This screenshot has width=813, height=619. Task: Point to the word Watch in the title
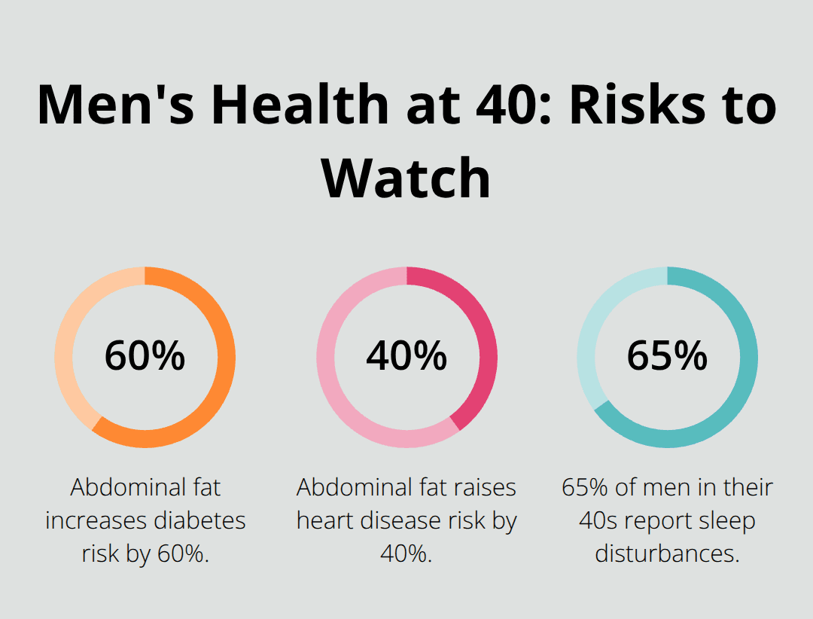tap(406, 177)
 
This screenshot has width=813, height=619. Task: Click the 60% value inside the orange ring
tap(145, 356)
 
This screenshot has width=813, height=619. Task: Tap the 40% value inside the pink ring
tap(406, 356)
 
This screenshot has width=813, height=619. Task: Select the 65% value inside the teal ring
tap(667, 356)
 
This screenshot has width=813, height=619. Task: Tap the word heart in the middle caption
tap(324, 520)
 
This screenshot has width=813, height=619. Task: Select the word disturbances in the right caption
tap(667, 553)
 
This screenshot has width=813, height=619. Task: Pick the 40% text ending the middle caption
tap(406, 553)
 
